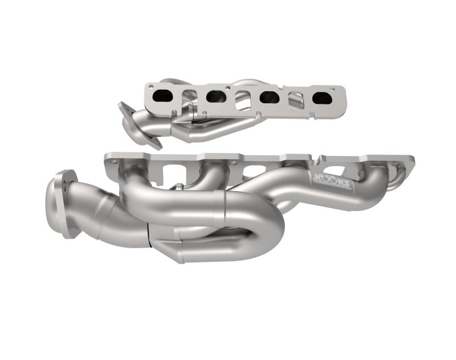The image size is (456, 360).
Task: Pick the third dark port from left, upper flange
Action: pos(270,98)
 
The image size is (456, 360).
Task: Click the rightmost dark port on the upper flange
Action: pos(322,98)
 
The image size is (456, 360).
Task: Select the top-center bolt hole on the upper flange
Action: pos(243,87)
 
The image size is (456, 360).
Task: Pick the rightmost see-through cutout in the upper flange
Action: pos(296,100)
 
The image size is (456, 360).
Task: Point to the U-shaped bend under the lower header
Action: pos(262,245)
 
